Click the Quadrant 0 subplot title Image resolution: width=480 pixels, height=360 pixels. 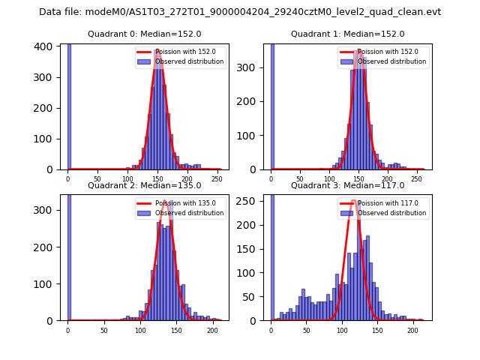145,34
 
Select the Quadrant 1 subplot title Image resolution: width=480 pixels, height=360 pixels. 348,34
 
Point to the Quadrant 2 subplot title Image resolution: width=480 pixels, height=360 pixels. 145,185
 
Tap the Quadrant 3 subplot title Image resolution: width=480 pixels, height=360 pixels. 348,185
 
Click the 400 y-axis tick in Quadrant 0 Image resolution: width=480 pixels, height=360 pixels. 46,46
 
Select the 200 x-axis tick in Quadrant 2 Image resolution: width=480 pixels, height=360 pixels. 213,331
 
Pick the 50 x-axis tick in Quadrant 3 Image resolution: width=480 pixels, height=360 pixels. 306,331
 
